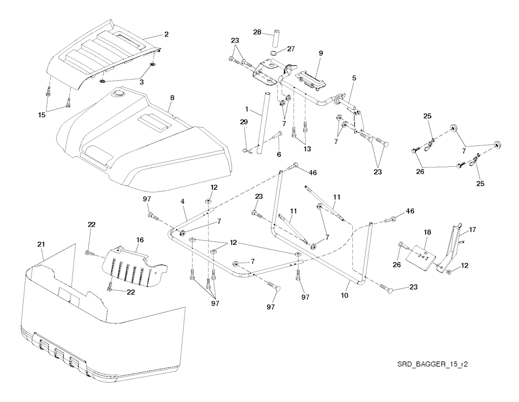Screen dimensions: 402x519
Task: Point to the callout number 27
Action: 291,49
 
